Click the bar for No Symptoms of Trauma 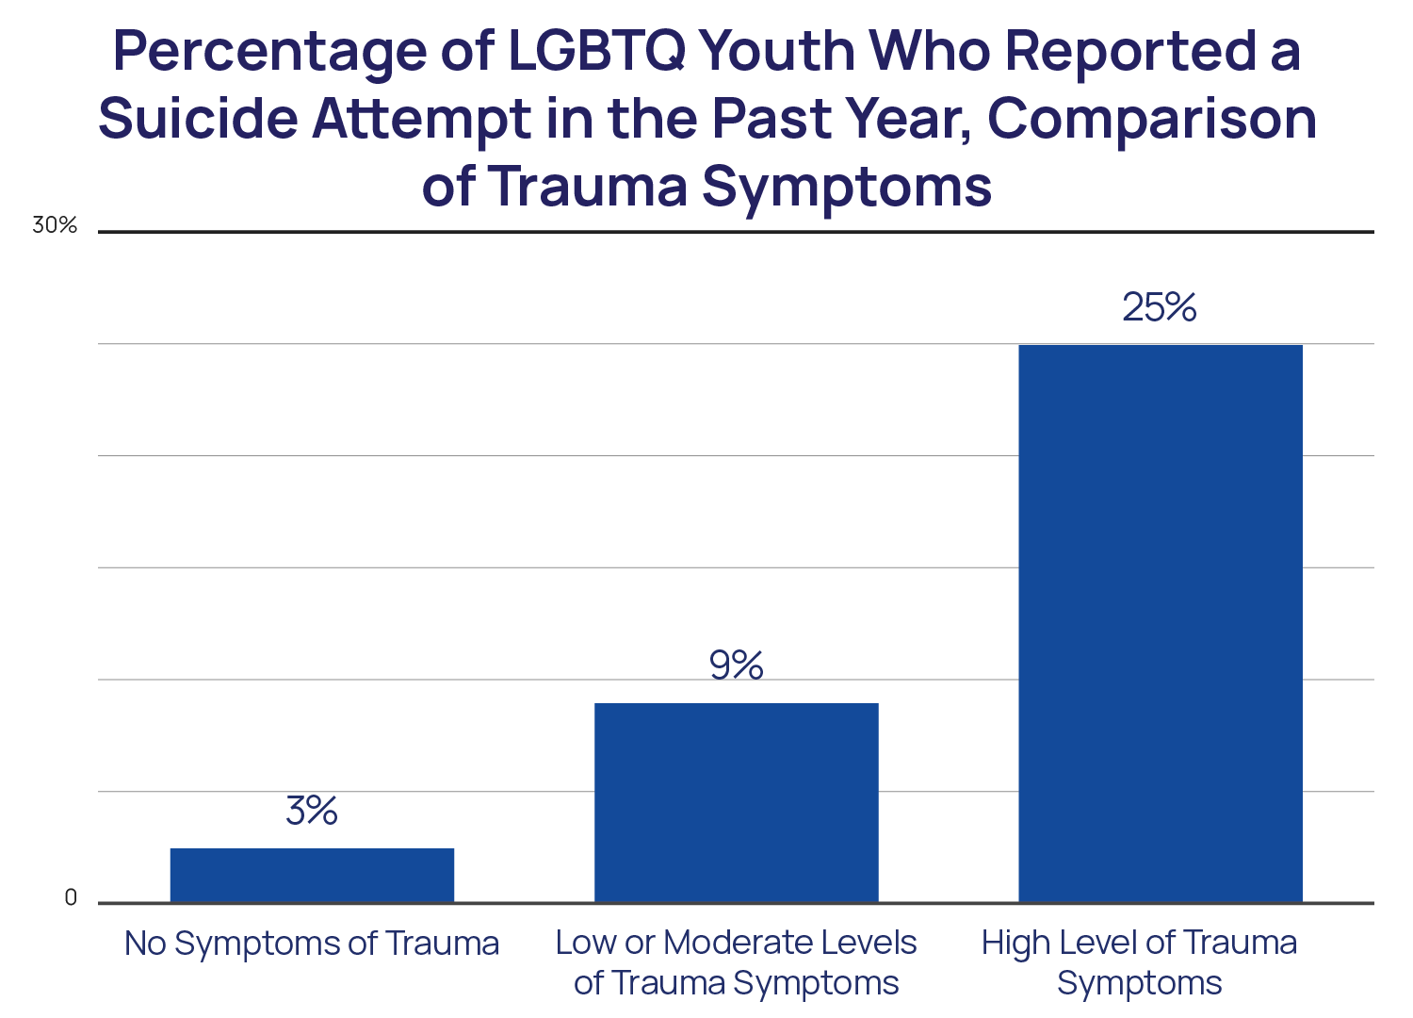point(312,875)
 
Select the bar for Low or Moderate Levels point(736,802)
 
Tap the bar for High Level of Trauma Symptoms point(1160,622)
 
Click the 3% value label point(312,811)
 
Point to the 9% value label point(736,665)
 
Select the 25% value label point(1159,307)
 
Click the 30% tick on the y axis point(55,226)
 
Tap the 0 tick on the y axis point(71,898)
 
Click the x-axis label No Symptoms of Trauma point(312,944)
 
